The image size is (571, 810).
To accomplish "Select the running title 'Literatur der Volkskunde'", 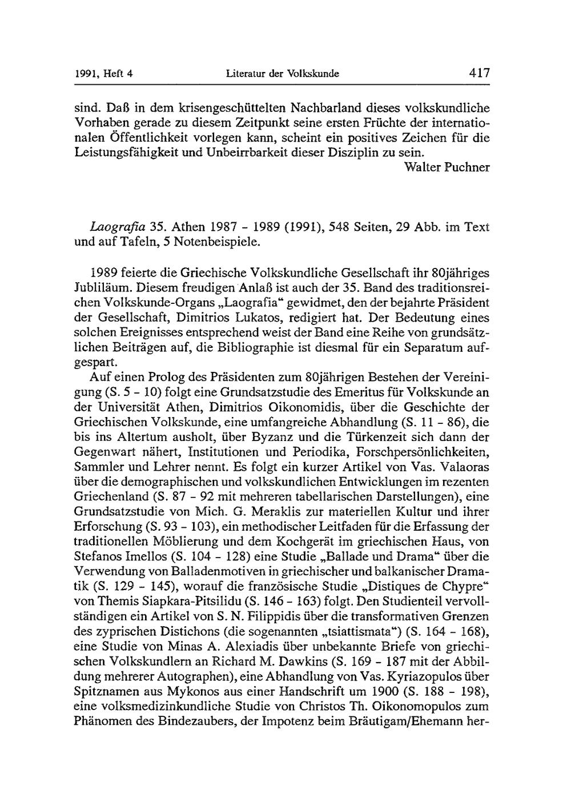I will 283,74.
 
